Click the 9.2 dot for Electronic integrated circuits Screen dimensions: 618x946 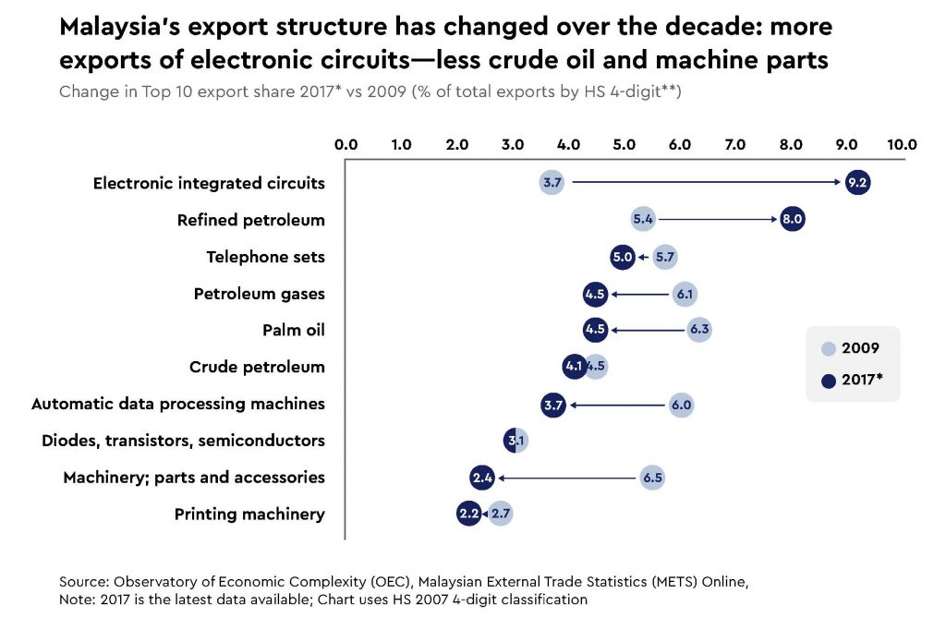(857, 183)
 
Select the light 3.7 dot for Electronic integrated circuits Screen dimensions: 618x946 (552, 183)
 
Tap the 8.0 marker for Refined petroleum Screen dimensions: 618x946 (792, 220)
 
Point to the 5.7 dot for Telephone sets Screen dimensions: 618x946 (665, 257)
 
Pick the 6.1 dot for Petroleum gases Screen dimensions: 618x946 (685, 294)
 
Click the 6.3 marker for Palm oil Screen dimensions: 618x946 (698, 330)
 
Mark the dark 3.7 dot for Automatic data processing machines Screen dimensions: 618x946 (552, 404)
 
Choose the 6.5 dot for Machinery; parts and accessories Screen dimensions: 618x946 (651, 478)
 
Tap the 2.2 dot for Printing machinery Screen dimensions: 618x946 (469, 514)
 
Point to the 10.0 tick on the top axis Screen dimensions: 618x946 (902, 144)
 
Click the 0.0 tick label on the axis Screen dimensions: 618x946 (346, 144)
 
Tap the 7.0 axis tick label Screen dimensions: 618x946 (735, 144)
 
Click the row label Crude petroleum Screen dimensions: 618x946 (257, 367)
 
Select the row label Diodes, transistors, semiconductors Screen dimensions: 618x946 (183, 441)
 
